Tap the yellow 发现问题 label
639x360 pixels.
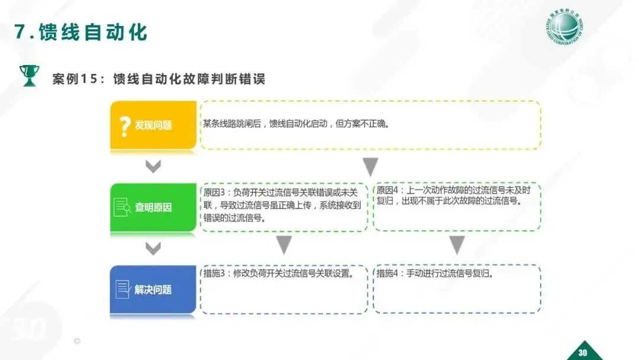click(x=153, y=126)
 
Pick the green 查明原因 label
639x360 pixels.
click(x=153, y=207)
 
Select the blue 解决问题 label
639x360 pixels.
click(x=153, y=290)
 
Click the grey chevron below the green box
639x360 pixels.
click(x=153, y=248)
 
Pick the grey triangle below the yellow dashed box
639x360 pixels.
click(x=370, y=166)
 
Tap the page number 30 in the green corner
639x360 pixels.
click(x=582, y=353)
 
